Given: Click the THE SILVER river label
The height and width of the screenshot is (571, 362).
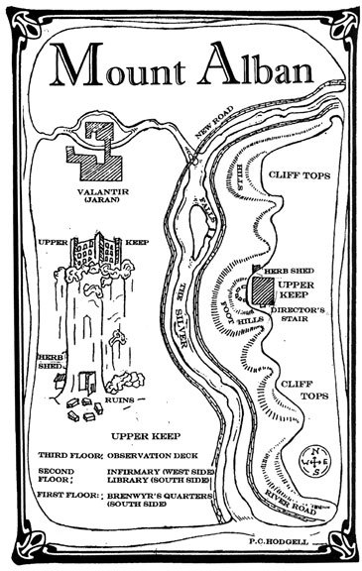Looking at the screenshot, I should click(x=183, y=308).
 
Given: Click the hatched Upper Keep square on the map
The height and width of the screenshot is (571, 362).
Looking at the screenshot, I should click(x=259, y=290).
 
